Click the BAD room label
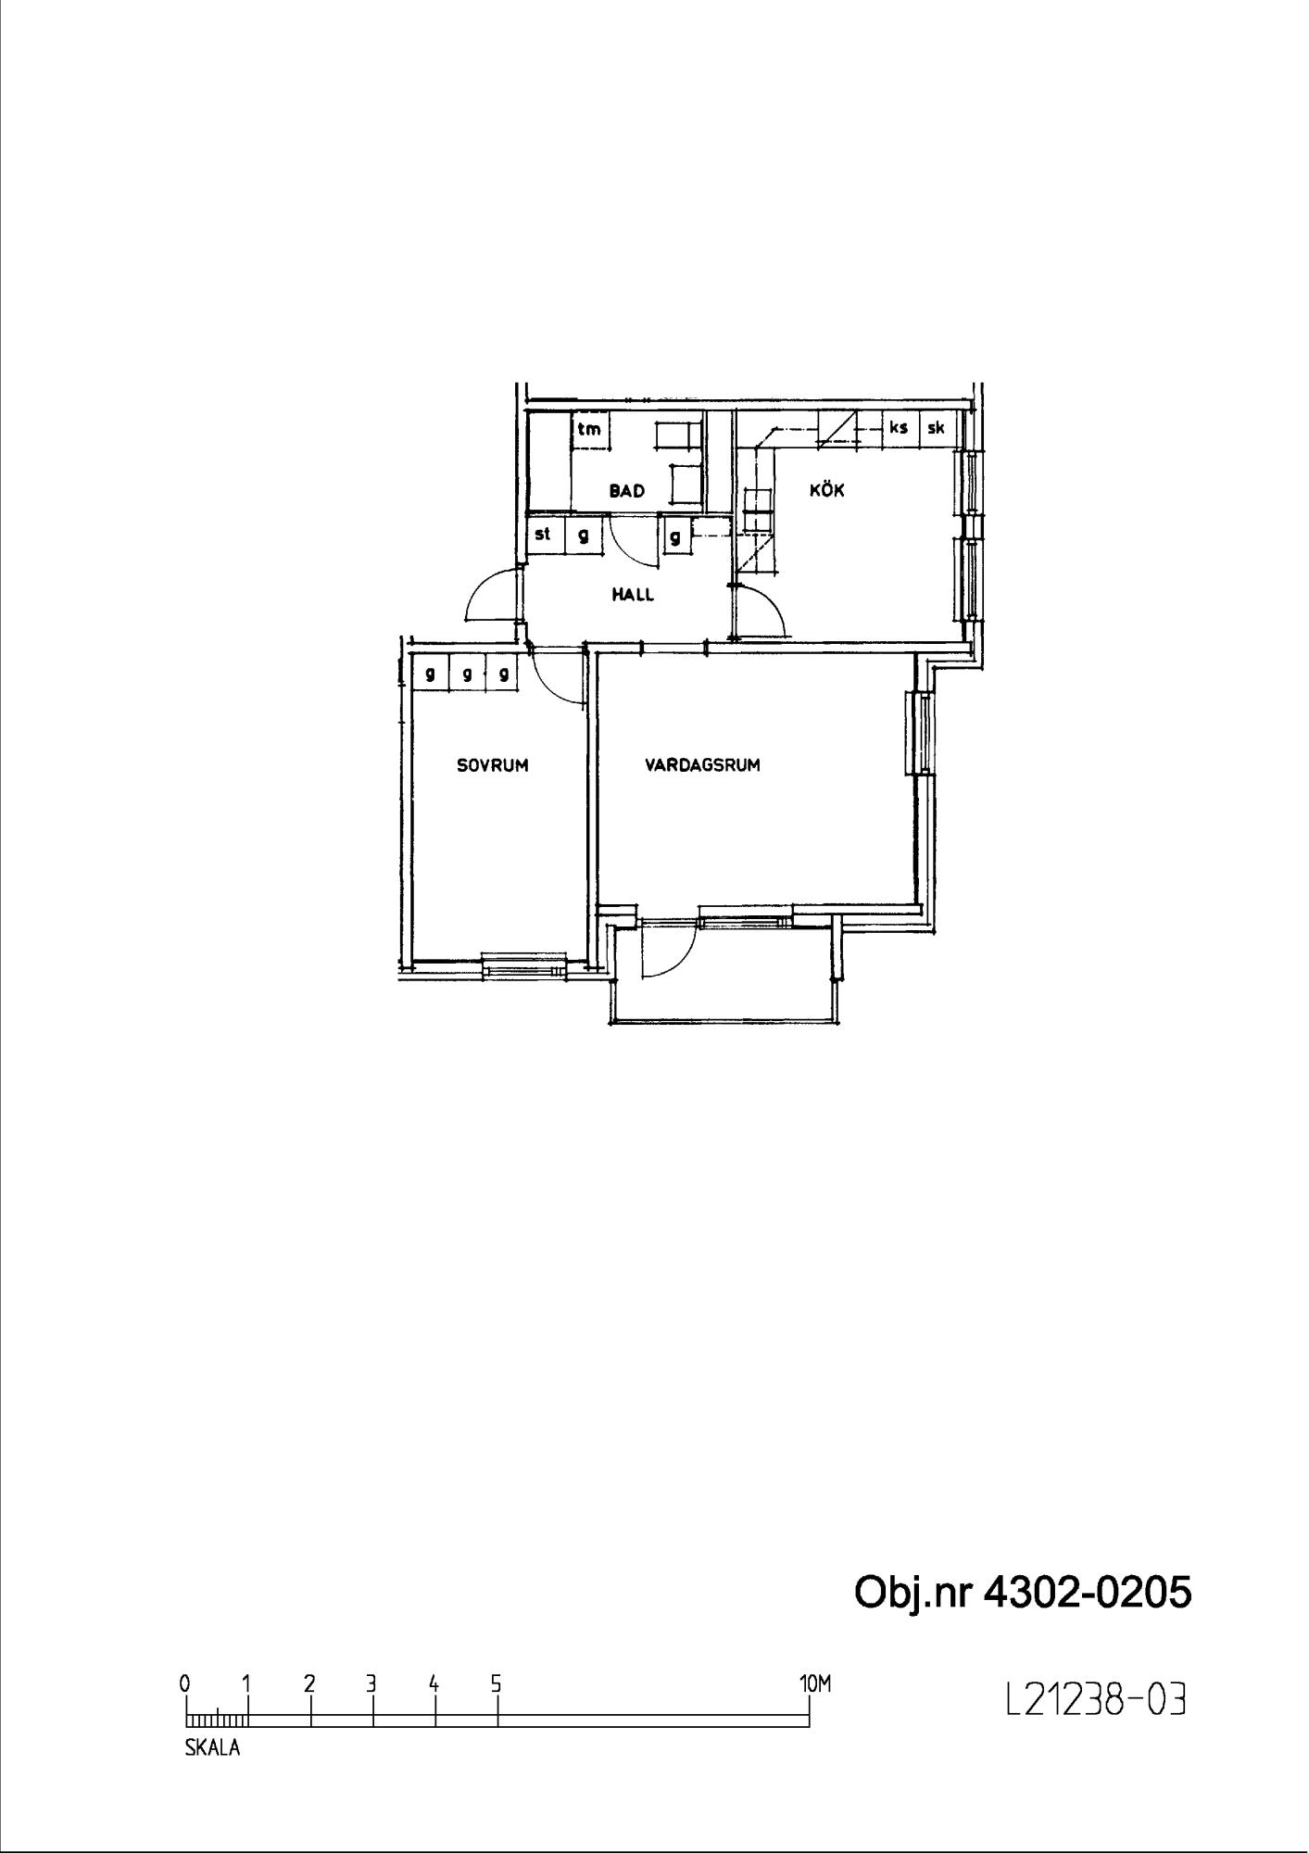tap(626, 491)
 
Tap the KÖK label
tap(827, 489)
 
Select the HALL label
tap(633, 595)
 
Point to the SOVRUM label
tap(493, 765)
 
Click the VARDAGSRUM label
tap(703, 765)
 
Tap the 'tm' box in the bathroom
tap(589, 429)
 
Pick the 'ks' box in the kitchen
tap(898, 429)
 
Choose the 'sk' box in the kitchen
tap(936, 429)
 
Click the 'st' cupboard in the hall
tap(544, 535)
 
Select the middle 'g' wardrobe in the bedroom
tap(467, 674)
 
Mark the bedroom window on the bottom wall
tap(524, 965)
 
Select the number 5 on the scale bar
tap(497, 1683)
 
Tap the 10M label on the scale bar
tap(815, 1683)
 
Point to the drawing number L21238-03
tap(1096, 1699)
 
